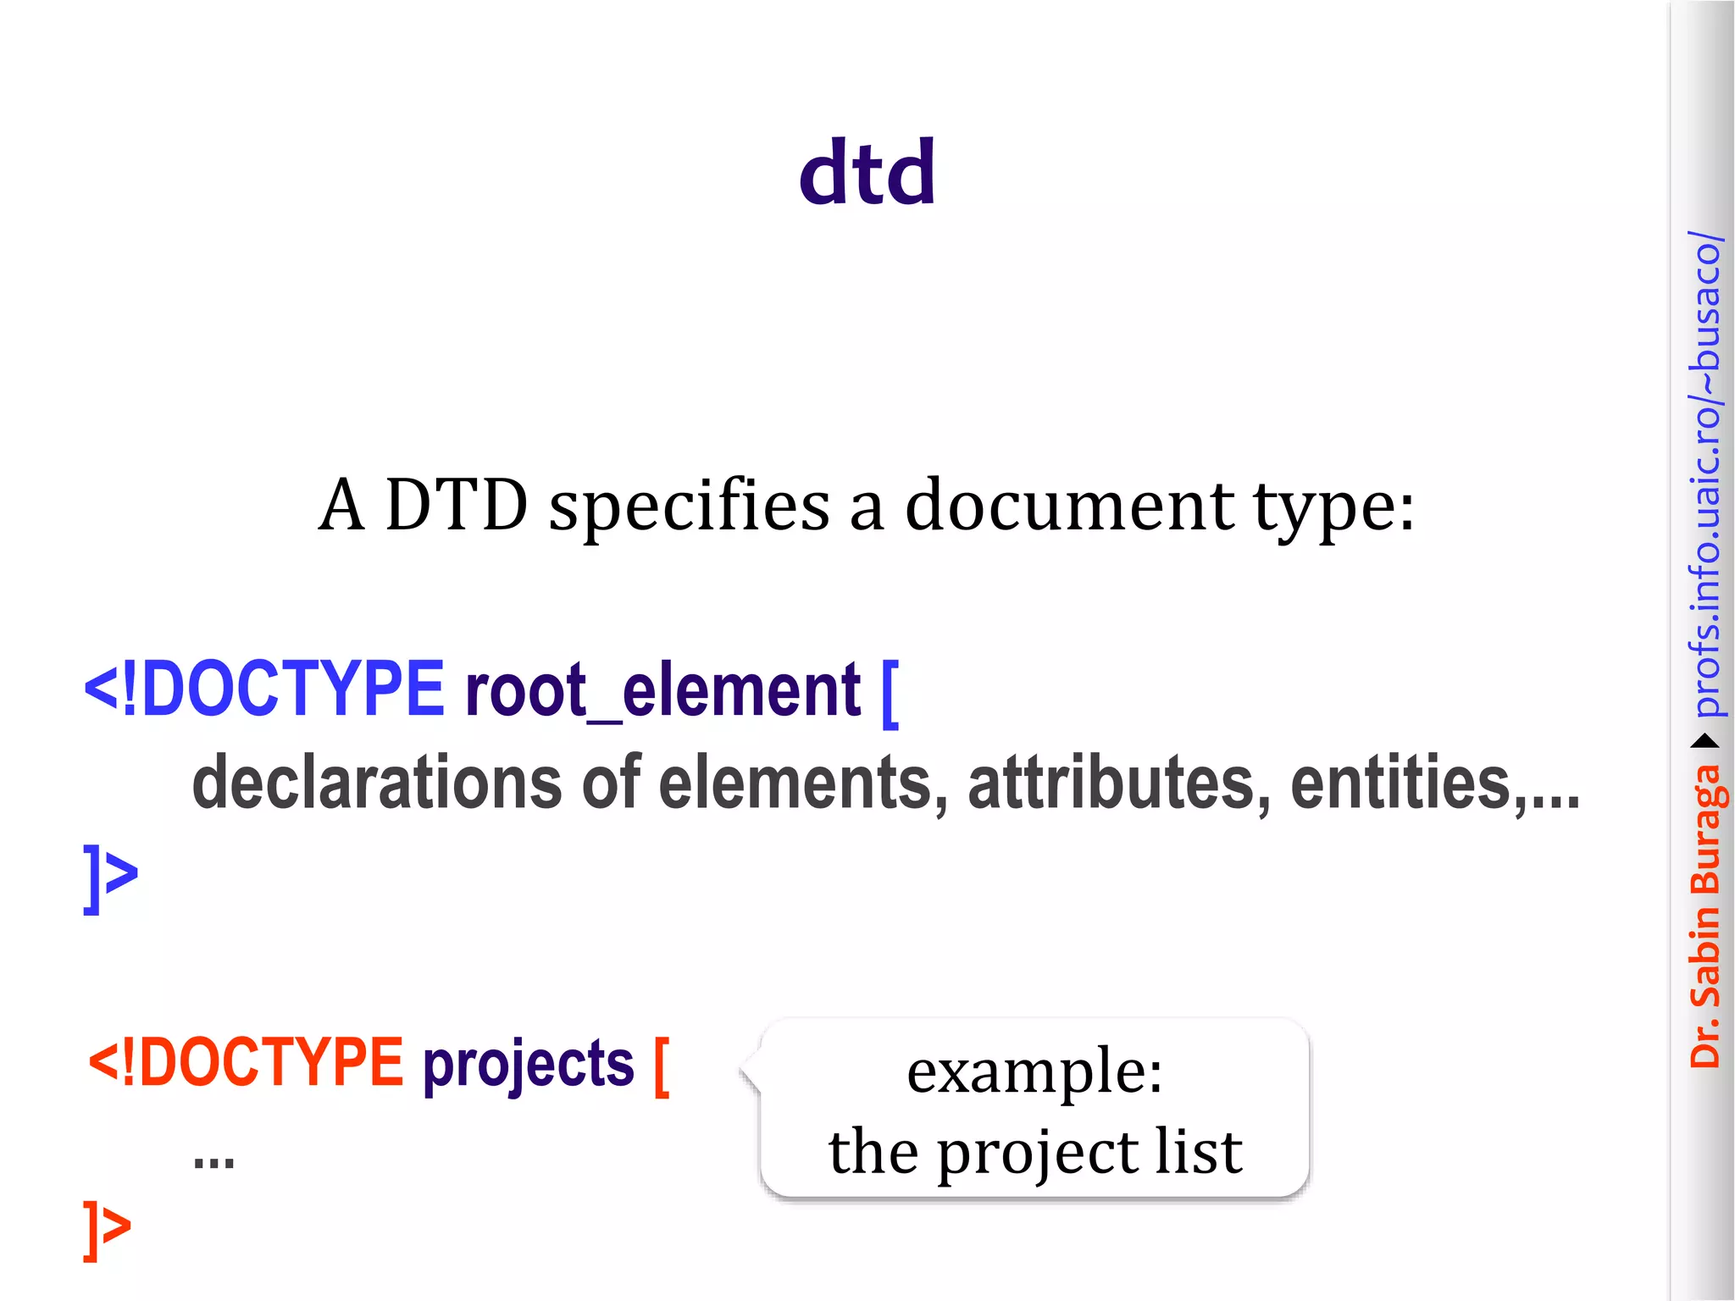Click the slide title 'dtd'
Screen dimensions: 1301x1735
tap(867, 173)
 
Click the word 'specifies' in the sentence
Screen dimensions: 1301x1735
tap(689, 507)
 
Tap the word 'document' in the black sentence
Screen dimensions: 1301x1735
tap(1069, 507)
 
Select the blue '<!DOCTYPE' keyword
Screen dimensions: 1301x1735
tap(263, 689)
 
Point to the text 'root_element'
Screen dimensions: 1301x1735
tap(662, 690)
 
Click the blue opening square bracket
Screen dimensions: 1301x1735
tap(890, 693)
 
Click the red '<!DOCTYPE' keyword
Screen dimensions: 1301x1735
tap(246, 1062)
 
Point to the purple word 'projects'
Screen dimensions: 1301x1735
tap(529, 1064)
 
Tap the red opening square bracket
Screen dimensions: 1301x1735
tap(662, 1067)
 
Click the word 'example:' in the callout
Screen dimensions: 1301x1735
tap(1034, 1071)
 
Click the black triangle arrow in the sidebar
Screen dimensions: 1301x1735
tap(1705, 742)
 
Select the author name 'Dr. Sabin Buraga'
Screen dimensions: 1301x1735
tap(1705, 915)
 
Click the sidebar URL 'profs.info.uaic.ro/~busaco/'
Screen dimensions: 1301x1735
tap(1705, 474)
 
